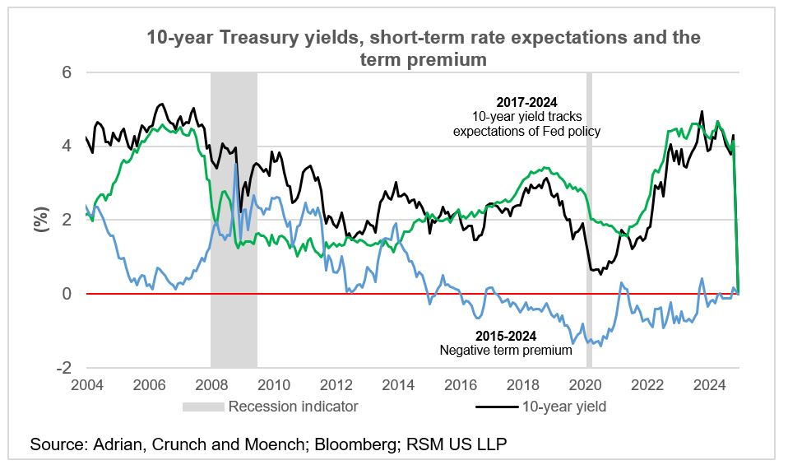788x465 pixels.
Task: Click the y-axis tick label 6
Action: coord(67,72)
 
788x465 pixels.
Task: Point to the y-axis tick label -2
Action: coord(63,367)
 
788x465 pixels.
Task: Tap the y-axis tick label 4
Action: coord(67,146)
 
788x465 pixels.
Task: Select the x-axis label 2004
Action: coord(86,384)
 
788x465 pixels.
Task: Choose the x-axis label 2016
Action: coord(463,384)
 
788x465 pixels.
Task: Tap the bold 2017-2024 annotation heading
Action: coord(526,103)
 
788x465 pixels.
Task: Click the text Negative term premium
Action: coord(506,351)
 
